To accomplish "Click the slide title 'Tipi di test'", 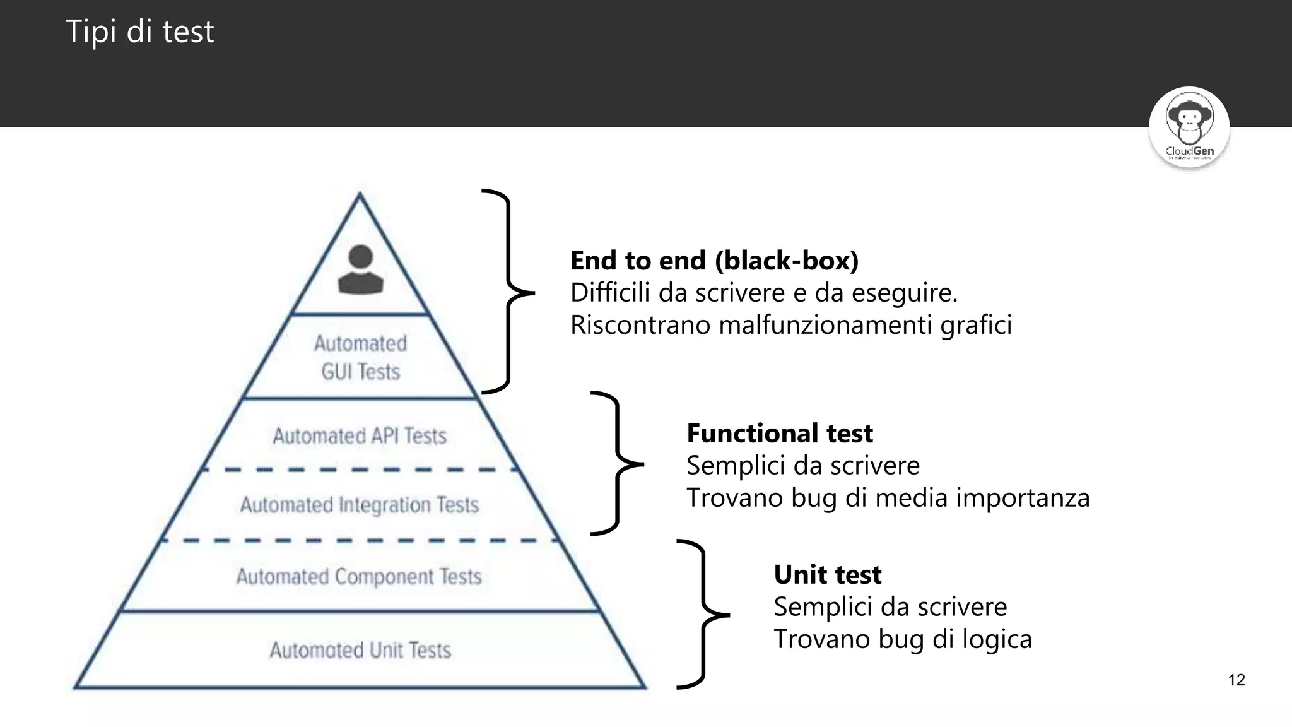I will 139,32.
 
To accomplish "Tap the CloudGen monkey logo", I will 1189,127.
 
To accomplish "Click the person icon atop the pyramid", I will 360,270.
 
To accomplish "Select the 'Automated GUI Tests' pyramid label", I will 360,357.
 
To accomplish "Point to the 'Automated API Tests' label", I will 360,436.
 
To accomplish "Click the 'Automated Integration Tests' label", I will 360,505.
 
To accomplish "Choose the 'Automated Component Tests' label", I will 359,576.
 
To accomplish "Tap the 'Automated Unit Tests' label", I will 360,650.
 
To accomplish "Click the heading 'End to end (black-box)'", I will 714,261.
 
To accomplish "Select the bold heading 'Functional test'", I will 779,434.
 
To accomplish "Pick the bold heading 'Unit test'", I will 827,575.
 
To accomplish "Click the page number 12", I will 1236,680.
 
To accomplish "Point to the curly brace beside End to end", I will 508,292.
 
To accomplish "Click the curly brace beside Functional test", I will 617,464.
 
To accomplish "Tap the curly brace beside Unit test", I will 703,614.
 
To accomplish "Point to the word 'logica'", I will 997,639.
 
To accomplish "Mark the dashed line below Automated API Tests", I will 360,470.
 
